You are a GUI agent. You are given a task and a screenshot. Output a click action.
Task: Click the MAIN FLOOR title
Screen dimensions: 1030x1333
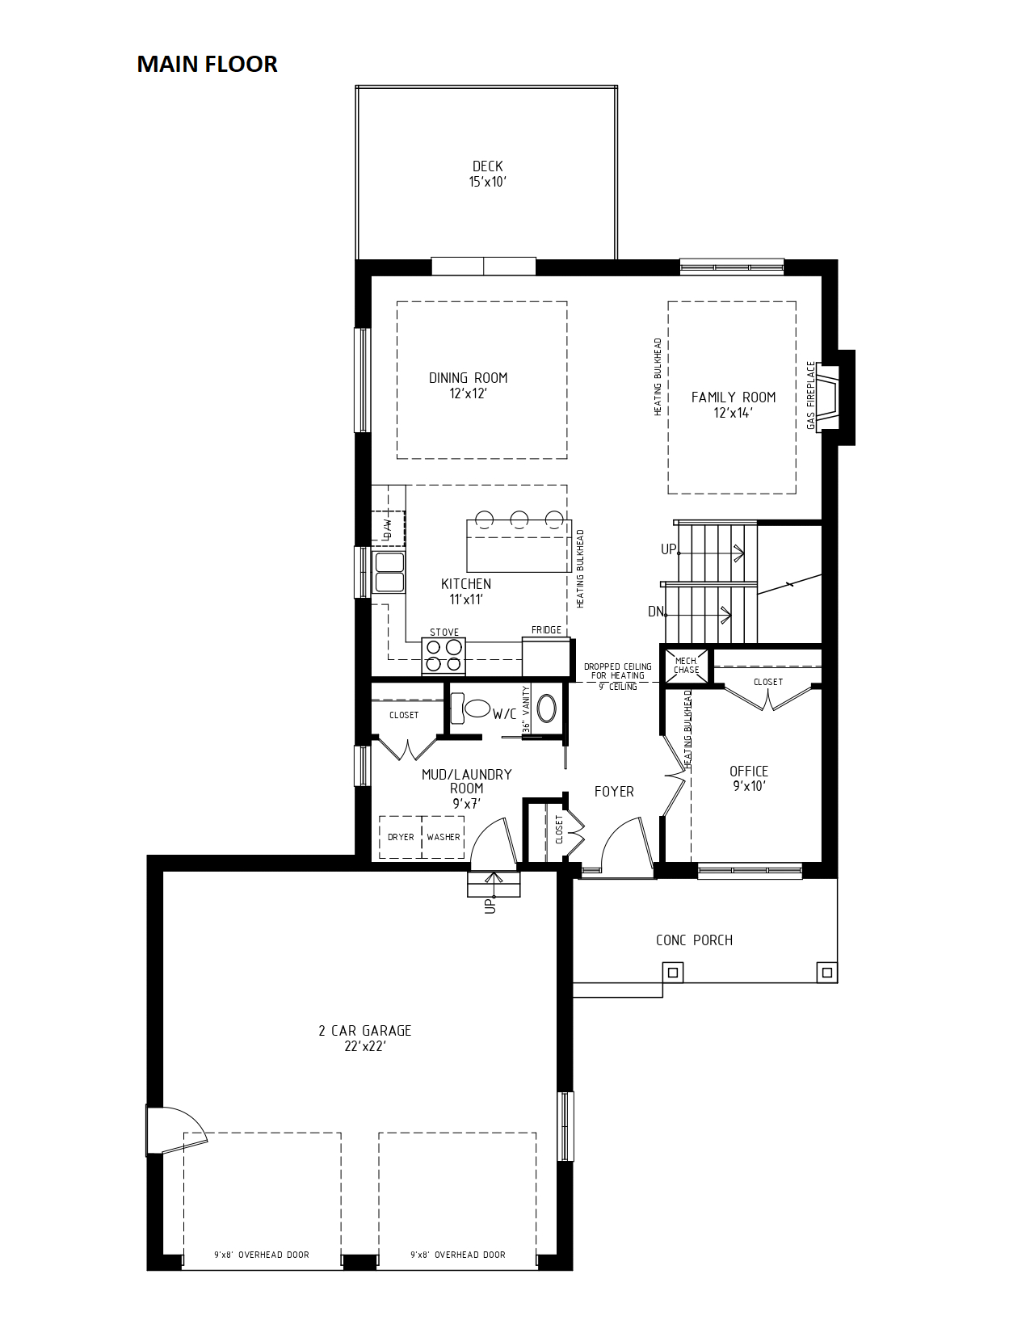pos(207,64)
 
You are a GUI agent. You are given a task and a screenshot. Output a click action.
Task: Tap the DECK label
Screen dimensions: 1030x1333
pos(487,166)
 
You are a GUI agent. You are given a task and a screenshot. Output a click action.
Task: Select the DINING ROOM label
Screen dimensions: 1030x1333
pos(468,378)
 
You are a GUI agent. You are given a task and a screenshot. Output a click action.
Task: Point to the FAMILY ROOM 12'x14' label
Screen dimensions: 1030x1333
pos(733,405)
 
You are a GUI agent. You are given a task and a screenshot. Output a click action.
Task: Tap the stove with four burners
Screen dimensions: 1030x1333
pos(444,656)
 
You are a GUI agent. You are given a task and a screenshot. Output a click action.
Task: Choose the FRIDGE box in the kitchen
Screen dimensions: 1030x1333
pos(546,656)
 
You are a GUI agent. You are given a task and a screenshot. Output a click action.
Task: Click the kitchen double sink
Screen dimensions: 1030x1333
pos(389,572)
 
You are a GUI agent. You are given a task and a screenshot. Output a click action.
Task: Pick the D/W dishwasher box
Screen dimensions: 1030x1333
pos(388,528)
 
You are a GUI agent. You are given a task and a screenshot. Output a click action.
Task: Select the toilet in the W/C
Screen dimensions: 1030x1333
pos(469,709)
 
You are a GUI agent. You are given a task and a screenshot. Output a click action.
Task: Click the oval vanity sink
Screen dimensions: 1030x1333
pos(547,709)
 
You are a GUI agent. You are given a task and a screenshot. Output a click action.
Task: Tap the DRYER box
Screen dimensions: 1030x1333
pos(400,837)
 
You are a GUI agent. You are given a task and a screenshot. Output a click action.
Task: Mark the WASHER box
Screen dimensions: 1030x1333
pos(443,837)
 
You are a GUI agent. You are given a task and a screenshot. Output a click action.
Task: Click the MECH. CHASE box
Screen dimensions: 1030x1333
pos(686,665)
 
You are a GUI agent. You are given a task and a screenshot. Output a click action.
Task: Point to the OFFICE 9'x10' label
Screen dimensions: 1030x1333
pos(748,779)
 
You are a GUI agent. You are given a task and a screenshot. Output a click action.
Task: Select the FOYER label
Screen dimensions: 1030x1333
pos(613,792)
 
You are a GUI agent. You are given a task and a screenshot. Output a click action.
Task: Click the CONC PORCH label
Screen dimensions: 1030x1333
pos(694,940)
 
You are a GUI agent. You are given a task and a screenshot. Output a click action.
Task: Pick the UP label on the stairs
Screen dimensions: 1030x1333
pos(668,549)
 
